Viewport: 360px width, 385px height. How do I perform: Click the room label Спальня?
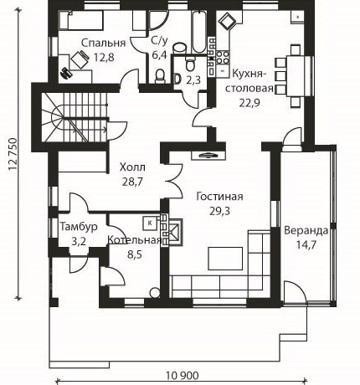(x=103, y=43)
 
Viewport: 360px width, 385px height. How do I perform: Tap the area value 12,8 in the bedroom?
(x=104, y=58)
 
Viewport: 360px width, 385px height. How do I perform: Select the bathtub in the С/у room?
(x=199, y=32)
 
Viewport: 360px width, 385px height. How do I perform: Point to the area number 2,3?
(x=193, y=80)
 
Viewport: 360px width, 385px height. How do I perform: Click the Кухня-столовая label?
(x=249, y=81)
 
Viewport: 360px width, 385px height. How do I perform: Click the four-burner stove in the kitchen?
(x=223, y=57)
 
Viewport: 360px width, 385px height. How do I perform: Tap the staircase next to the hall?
(x=75, y=117)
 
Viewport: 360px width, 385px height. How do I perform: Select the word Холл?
(x=132, y=167)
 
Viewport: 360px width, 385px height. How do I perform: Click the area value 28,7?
(x=132, y=182)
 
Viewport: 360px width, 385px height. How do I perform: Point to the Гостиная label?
(x=219, y=197)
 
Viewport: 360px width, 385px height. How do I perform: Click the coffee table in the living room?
(x=225, y=259)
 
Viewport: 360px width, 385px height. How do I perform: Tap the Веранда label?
(x=306, y=231)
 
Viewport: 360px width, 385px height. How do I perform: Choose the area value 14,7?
(x=306, y=245)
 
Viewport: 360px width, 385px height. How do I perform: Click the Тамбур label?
(x=79, y=227)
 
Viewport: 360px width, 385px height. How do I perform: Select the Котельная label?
(x=135, y=240)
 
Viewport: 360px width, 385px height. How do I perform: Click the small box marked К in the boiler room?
(x=150, y=223)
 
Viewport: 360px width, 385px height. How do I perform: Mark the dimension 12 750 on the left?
(x=13, y=154)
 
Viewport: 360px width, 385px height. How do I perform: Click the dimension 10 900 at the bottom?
(x=183, y=376)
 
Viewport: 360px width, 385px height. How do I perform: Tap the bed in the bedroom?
(x=81, y=20)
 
